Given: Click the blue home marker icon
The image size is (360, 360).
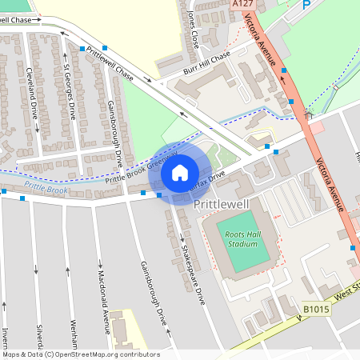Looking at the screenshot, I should click(x=179, y=172).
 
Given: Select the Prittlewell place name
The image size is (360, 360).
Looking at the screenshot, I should click(x=222, y=205).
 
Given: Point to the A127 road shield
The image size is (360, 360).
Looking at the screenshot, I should click(x=243, y=4).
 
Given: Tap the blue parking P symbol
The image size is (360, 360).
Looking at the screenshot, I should click(x=306, y=5).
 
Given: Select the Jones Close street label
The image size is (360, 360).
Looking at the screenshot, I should click(x=190, y=28).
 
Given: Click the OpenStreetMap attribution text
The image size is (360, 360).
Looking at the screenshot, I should click(x=80, y=354).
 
